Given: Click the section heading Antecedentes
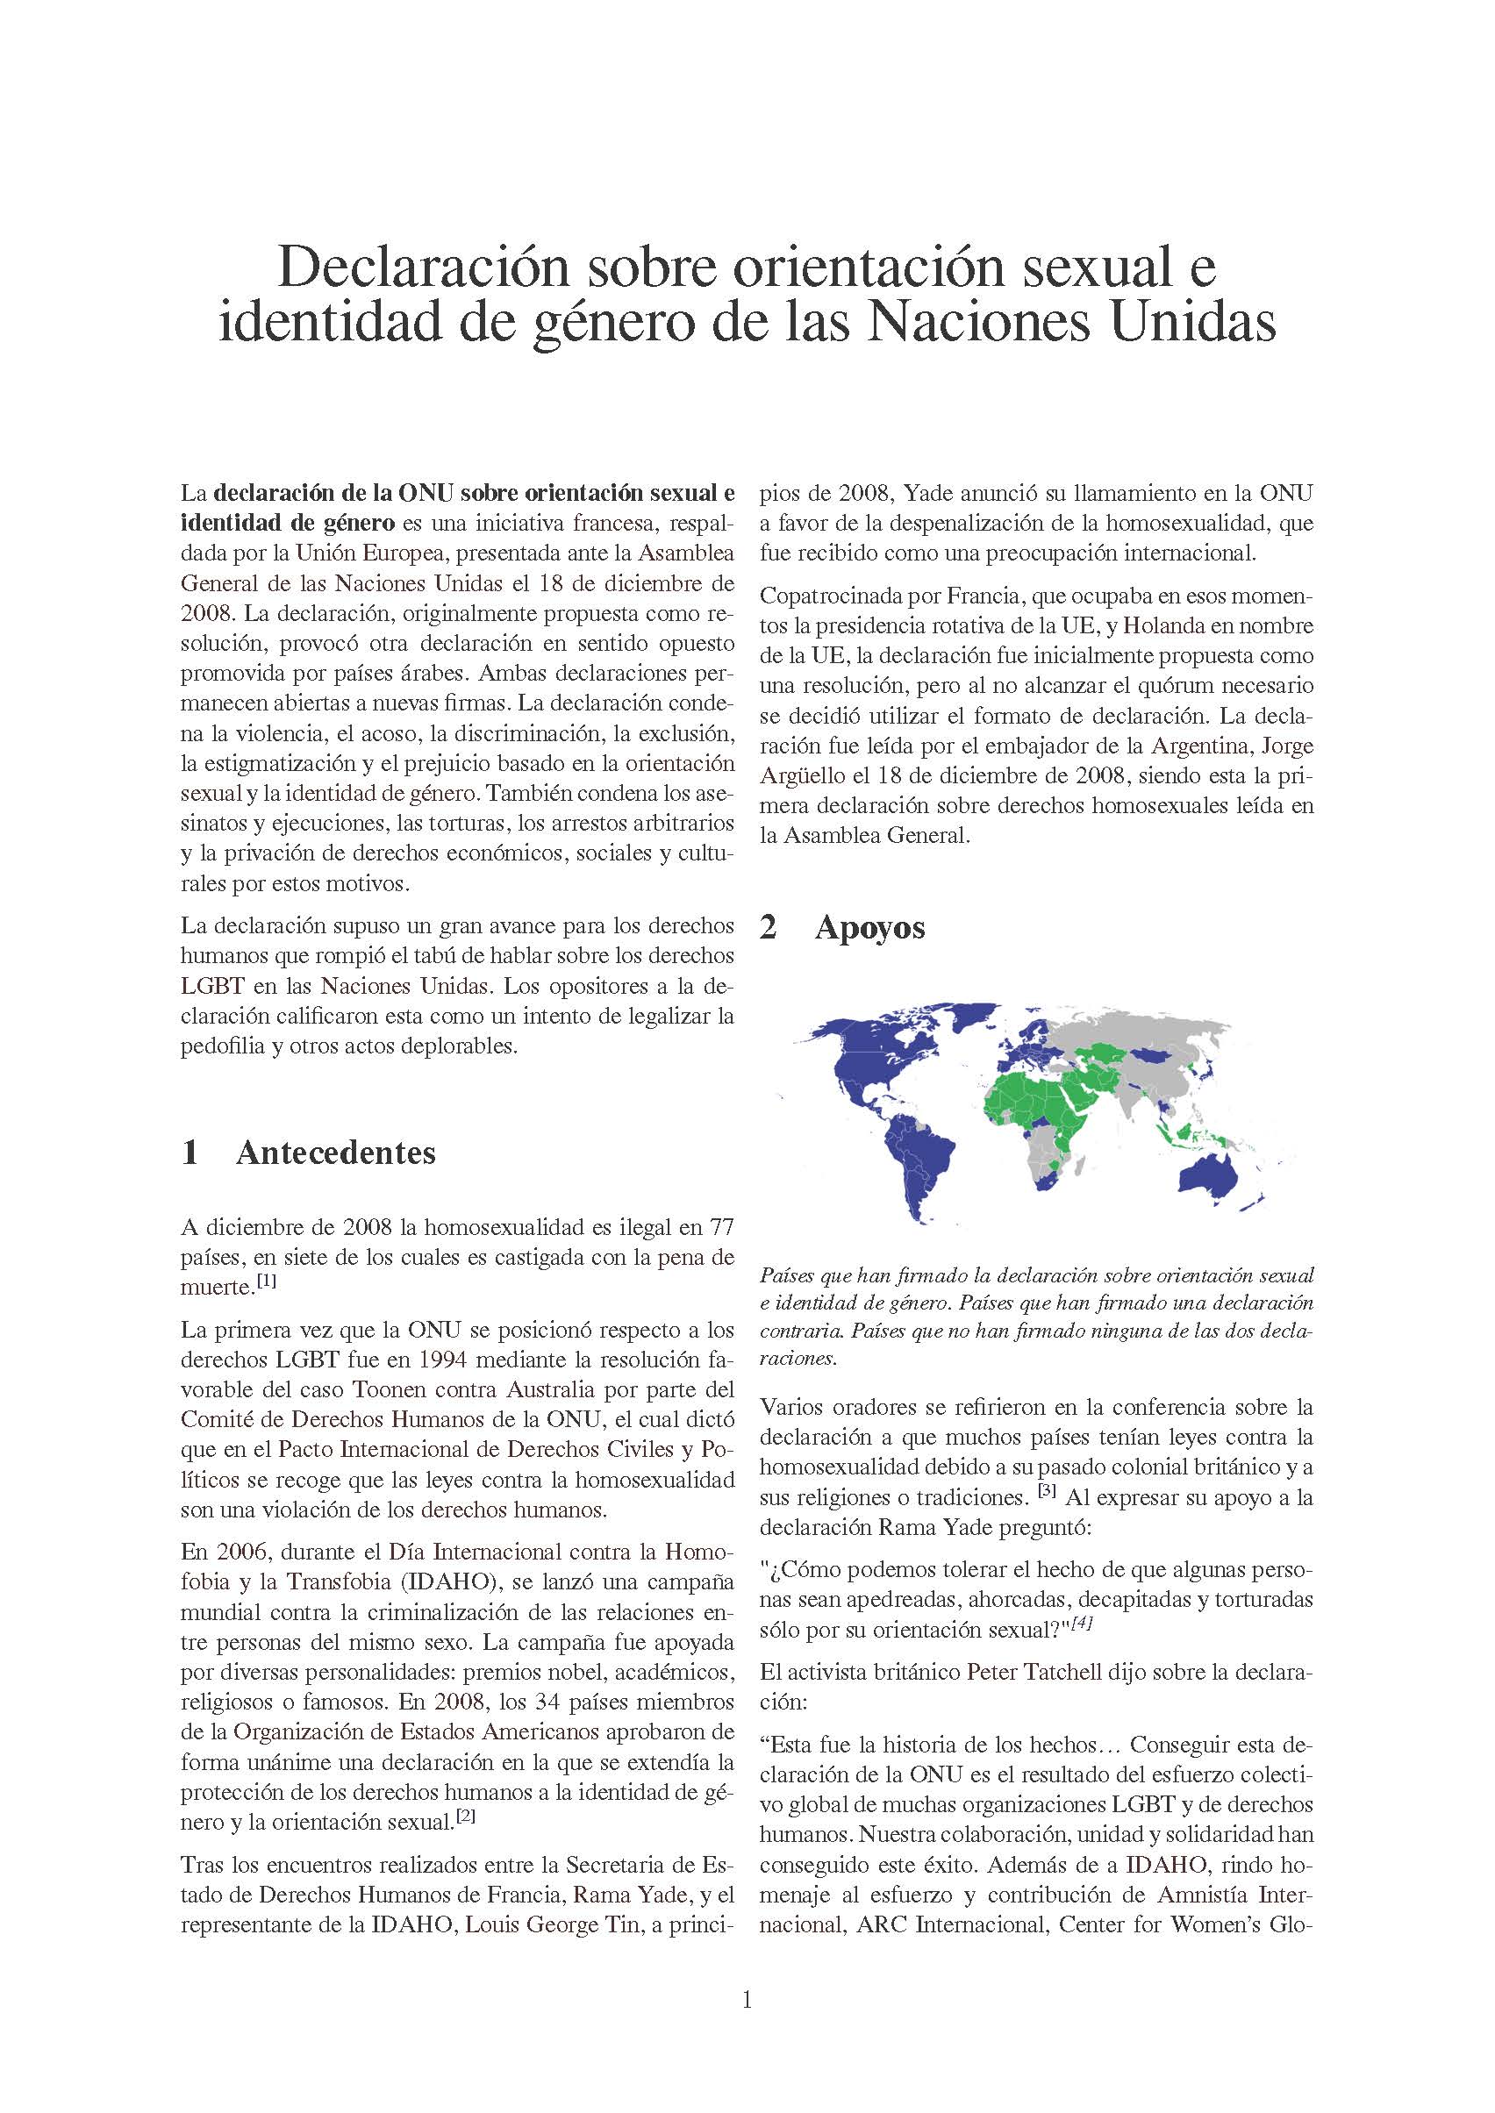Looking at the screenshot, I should point(335,1153).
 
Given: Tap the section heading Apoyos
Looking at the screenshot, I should point(869,928).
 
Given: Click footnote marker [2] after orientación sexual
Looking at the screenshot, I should point(466,1816).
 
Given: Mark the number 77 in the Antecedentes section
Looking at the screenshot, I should point(722,1227).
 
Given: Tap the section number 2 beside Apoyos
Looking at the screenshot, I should point(769,928).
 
